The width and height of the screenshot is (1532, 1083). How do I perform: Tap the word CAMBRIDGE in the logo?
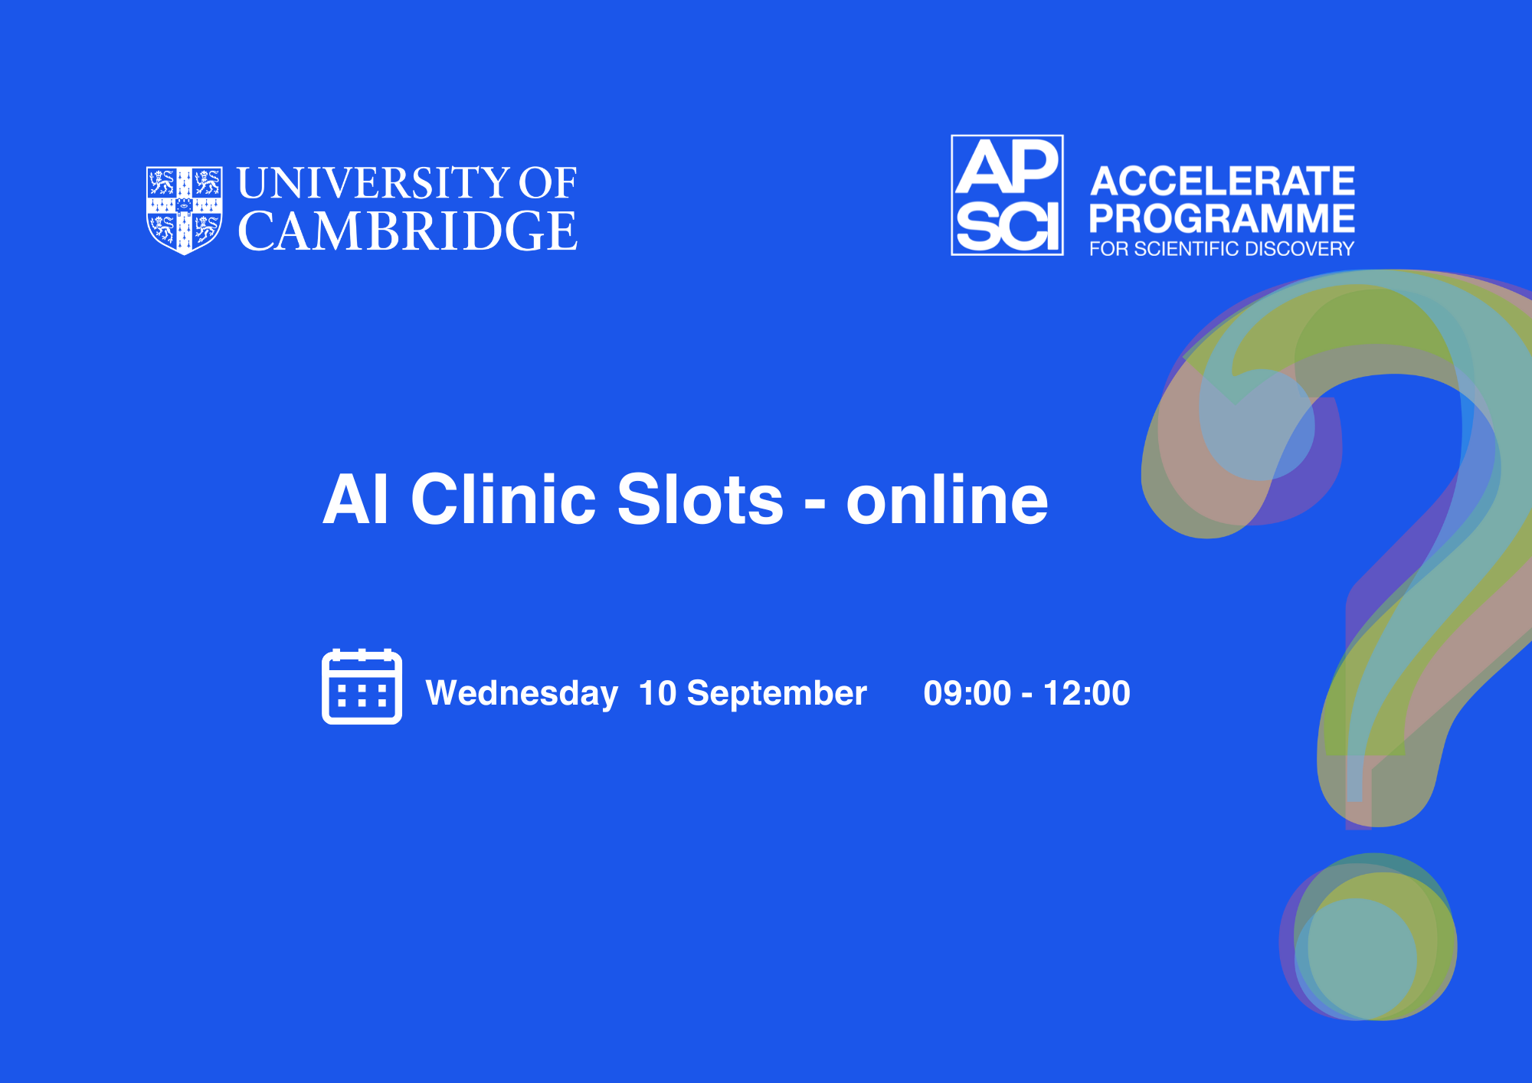pos(408,231)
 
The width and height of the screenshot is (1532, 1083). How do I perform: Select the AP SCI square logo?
pos(1007,195)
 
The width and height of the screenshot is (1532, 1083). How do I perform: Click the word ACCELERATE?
pos(1223,182)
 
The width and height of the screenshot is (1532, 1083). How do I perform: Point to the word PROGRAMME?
pos(1222,218)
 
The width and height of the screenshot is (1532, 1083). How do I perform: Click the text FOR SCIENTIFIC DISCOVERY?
pos(1222,249)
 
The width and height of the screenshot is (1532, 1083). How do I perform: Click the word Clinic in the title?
pos(503,498)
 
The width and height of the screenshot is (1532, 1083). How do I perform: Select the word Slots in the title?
pos(700,498)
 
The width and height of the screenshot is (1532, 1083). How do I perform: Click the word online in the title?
pos(947,498)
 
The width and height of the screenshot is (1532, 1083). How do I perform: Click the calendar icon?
pos(362,686)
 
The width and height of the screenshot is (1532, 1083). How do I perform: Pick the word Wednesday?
pos(522,693)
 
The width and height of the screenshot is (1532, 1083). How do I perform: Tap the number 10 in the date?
pos(658,693)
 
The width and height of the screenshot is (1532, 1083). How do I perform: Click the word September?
pos(777,694)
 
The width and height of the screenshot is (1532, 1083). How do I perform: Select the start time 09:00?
pos(967,693)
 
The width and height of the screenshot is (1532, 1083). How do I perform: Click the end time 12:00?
pos(1087,693)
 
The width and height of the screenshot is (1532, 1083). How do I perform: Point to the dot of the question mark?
pos(1368,937)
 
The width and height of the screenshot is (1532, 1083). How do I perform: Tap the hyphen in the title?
pos(815,505)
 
